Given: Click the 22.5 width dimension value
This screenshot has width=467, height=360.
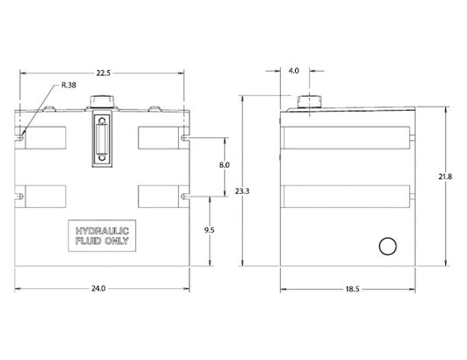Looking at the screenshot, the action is click(x=103, y=73).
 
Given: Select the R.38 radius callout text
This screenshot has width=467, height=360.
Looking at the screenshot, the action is click(x=69, y=86).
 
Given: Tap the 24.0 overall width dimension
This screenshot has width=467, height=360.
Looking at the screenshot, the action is click(x=99, y=288).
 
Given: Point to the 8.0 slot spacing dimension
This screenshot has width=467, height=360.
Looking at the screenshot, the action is click(x=224, y=165).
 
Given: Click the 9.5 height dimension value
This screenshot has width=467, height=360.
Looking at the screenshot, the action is click(x=209, y=230).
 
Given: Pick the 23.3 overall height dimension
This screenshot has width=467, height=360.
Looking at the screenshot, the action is click(x=242, y=191).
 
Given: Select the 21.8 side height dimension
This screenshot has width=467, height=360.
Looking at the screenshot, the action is click(x=445, y=177).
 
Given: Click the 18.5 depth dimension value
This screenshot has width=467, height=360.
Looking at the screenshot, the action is click(x=353, y=289).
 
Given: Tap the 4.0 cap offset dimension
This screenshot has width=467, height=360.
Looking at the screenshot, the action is click(x=293, y=71).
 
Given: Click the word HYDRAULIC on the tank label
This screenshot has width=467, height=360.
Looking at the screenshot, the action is click(x=102, y=231).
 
